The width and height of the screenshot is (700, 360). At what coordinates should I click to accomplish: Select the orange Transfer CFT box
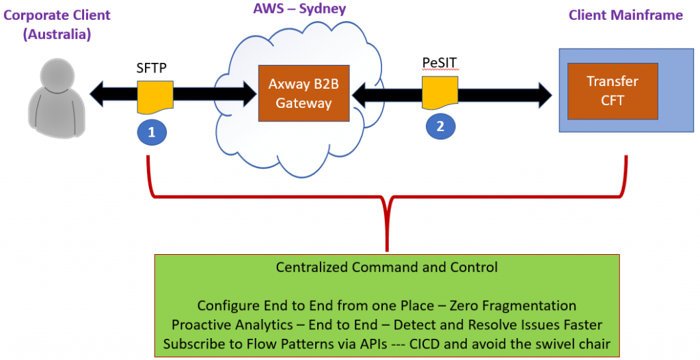612,91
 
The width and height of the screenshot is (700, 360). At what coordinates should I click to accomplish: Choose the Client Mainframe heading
625,15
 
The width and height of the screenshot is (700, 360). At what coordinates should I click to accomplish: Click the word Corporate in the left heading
40,15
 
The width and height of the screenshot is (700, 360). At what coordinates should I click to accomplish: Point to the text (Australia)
57,34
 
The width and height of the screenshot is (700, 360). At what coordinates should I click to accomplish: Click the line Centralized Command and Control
387,267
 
